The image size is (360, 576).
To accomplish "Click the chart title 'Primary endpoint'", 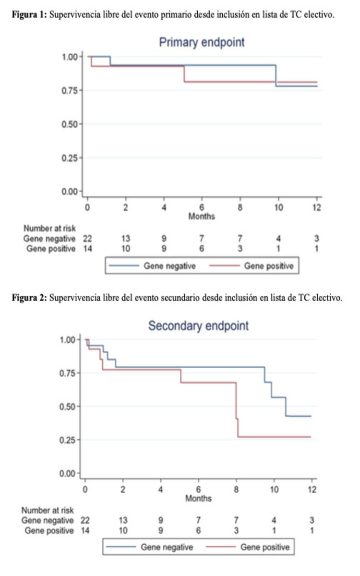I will (x=202, y=42).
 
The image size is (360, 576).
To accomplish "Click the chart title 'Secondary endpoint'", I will (x=198, y=326).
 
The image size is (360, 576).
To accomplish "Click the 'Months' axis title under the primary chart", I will (x=202, y=216).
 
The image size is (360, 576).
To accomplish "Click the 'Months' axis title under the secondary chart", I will (x=198, y=499).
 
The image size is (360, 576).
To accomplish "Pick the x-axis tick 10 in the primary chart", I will (x=278, y=208).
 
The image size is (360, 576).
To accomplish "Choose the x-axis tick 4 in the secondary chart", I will (x=161, y=490).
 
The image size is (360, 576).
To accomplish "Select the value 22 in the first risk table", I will (x=87, y=239).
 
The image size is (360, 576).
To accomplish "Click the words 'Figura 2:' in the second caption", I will (x=28, y=298).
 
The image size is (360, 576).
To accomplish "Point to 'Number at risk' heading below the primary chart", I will (x=50, y=228).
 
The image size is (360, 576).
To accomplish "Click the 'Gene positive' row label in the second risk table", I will (x=49, y=530).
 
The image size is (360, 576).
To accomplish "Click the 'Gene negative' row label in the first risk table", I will (x=50, y=239).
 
